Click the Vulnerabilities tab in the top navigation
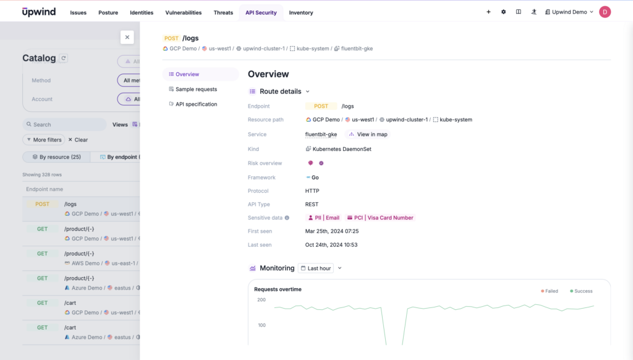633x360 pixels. pyautogui.click(x=183, y=12)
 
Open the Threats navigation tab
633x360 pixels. pyautogui.click(x=223, y=12)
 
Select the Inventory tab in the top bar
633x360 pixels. pyautogui.click(x=301, y=12)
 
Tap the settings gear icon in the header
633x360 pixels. pyautogui.click(x=503, y=12)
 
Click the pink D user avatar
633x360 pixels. pyautogui.click(x=605, y=12)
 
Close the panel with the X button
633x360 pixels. pyautogui.click(x=127, y=37)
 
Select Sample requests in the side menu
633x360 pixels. pyautogui.click(x=196, y=89)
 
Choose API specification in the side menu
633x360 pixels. pyautogui.click(x=196, y=104)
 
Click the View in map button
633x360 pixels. pyautogui.click(x=368, y=134)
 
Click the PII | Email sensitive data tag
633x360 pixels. pyautogui.click(x=324, y=218)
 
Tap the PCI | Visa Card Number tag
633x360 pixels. pyautogui.click(x=380, y=218)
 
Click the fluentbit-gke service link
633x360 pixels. pyautogui.click(x=321, y=134)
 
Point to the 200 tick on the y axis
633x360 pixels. pyautogui.click(x=261, y=300)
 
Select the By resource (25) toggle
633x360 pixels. pyautogui.click(x=56, y=157)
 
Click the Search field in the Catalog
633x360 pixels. pyautogui.click(x=65, y=124)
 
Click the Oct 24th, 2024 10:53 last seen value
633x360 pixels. pyautogui.click(x=331, y=245)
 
